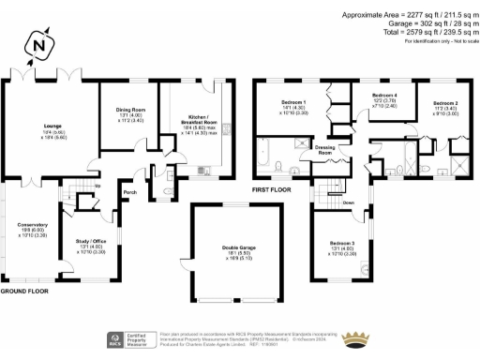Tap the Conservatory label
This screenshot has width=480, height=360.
pyautogui.click(x=31, y=224)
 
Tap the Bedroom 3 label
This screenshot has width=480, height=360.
pyautogui.click(x=341, y=242)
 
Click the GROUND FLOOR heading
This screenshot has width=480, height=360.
pyautogui.click(x=24, y=292)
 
